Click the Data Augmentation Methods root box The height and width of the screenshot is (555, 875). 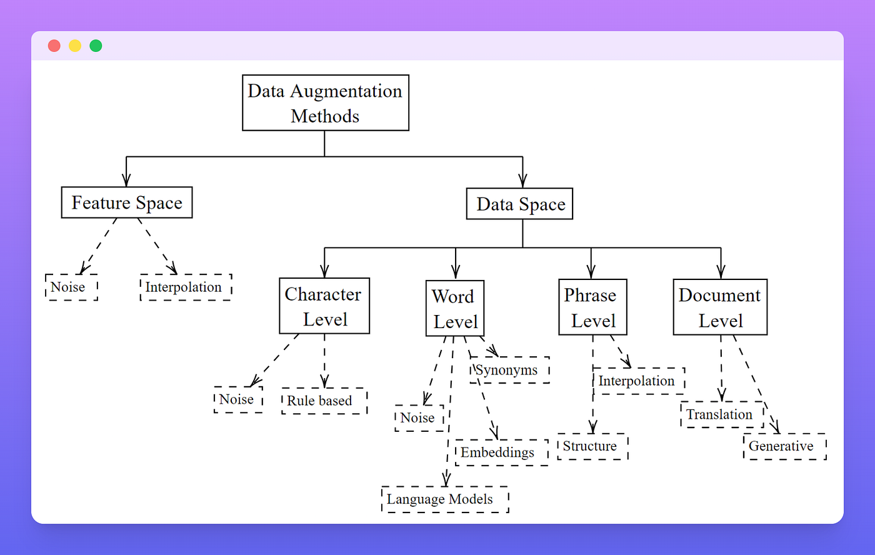[325, 103]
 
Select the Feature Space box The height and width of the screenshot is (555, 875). [127, 202]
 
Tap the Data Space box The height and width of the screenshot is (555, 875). [519, 204]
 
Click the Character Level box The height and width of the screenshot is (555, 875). [324, 306]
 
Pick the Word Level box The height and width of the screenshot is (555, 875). [455, 309]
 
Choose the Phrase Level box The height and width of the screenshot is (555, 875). [592, 307]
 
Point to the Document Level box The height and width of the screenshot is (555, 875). [720, 307]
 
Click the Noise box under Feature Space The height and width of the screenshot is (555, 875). [71, 287]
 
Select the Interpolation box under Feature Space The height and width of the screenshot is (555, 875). [186, 287]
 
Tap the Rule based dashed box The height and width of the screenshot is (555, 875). [324, 401]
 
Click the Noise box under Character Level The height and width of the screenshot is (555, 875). [237, 399]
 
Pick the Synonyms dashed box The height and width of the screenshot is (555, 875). [510, 370]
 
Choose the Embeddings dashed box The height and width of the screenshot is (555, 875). [501, 452]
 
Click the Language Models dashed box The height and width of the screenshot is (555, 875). [444, 499]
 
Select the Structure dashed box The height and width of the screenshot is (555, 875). [592, 446]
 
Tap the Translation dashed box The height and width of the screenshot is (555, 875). [721, 414]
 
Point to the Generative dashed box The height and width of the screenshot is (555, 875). [784, 446]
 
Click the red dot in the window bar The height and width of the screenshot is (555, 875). [54, 46]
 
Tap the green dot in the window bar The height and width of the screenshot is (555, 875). [96, 46]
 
